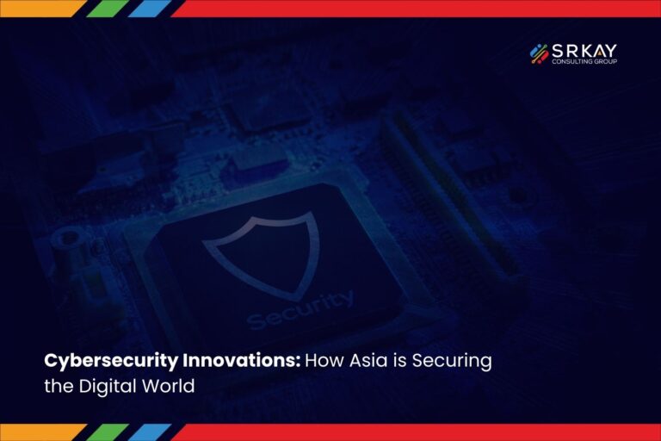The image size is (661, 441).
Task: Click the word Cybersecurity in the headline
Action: coord(111,362)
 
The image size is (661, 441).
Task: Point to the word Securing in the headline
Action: coord(452,362)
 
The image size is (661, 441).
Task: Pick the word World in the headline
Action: coord(168,386)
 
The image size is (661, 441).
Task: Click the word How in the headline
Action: coord(324,361)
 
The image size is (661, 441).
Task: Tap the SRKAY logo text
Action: coord(584,51)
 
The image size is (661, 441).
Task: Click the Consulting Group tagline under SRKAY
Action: coord(584,62)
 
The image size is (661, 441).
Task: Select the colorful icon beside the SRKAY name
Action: coord(539,54)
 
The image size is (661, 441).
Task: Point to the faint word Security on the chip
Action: coord(300,309)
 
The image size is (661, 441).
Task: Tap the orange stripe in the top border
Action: coord(41,9)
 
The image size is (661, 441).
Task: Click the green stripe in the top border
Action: coord(108,9)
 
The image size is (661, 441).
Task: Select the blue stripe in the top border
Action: coord(150,9)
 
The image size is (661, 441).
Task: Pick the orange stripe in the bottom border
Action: coord(41,432)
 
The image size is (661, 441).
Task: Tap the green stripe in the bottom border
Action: coord(108,432)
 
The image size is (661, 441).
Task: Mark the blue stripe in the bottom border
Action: coord(150,432)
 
